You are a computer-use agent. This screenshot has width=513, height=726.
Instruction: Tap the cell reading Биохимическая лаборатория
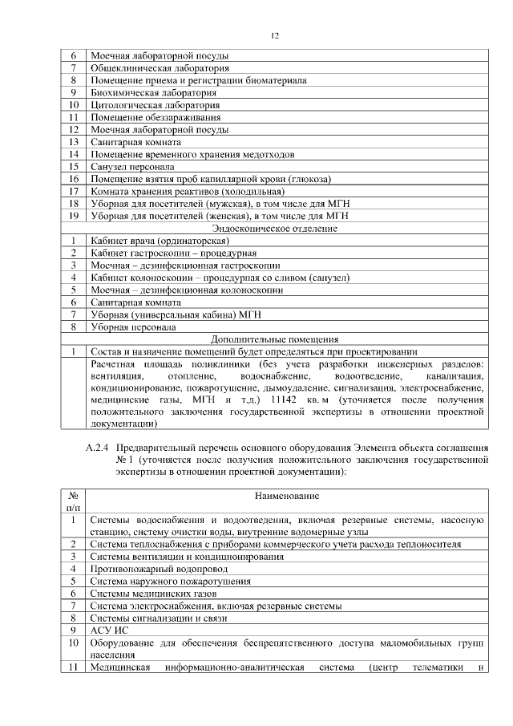pos(143,92)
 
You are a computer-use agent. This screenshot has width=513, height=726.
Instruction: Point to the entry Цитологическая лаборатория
pos(143,104)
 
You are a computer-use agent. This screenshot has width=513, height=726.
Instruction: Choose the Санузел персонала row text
pos(132,166)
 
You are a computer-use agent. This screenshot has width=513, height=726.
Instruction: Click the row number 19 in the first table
pos(73,215)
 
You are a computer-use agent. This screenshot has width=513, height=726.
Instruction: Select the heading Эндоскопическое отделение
pos(274,228)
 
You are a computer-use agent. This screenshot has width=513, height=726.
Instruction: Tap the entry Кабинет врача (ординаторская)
pos(160,240)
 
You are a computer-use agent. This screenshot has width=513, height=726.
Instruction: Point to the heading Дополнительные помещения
pos(274,339)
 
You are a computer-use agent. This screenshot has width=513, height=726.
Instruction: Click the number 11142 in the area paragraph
pos(287,398)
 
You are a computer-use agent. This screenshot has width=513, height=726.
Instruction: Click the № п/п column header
pos(73,501)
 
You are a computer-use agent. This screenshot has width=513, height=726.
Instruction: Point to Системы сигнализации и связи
pos(160,619)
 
